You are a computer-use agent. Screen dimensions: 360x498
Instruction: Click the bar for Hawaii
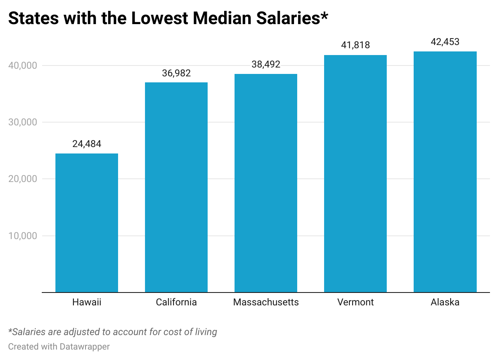point(87,223)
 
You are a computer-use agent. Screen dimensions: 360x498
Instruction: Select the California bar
point(176,187)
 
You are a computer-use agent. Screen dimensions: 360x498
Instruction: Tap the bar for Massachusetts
point(266,183)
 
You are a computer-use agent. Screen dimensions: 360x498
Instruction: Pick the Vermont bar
point(355,174)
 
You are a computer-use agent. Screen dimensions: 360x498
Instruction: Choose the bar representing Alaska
point(445,172)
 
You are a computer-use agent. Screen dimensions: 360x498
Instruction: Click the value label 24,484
point(87,144)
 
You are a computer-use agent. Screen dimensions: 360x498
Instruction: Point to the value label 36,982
point(176,73)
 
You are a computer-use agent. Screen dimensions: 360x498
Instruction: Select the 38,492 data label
point(266,65)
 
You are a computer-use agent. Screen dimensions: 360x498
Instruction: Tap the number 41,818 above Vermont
point(355,45)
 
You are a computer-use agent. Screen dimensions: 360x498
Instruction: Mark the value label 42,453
point(445,42)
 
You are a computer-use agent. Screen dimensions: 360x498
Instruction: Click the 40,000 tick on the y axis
point(22,65)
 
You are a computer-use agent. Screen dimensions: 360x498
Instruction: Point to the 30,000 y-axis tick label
point(22,122)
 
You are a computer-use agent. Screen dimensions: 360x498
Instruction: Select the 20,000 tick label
point(22,179)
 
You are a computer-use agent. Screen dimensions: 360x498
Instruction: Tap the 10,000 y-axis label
point(22,236)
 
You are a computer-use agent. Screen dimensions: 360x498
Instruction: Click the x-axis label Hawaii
point(87,302)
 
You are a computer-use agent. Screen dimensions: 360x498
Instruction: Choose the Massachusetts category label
point(266,302)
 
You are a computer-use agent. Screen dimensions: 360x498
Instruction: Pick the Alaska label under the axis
point(445,302)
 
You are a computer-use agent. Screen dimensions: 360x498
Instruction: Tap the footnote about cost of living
point(112,332)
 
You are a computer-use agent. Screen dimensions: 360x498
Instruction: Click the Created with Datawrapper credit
point(59,346)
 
